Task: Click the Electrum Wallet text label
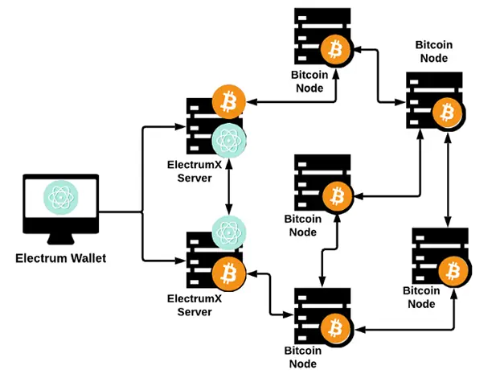click(60, 258)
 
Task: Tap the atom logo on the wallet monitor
click(60, 198)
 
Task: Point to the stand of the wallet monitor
click(60, 239)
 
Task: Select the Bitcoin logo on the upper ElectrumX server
click(228, 102)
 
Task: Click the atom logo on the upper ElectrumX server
click(229, 141)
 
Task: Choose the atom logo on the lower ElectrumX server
click(229, 233)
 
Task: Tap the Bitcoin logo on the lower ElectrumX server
click(229, 274)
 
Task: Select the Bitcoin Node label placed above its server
click(433, 51)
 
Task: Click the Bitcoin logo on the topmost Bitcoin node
click(335, 50)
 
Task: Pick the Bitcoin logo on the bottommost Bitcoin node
click(335, 330)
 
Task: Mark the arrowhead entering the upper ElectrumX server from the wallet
click(181, 127)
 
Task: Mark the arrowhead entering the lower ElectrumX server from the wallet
click(181, 261)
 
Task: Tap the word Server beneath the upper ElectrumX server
click(195, 178)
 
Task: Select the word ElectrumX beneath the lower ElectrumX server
click(195, 298)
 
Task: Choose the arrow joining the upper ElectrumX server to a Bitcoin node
click(293, 102)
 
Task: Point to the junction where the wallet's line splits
click(142, 212)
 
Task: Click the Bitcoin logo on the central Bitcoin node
click(338, 196)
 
